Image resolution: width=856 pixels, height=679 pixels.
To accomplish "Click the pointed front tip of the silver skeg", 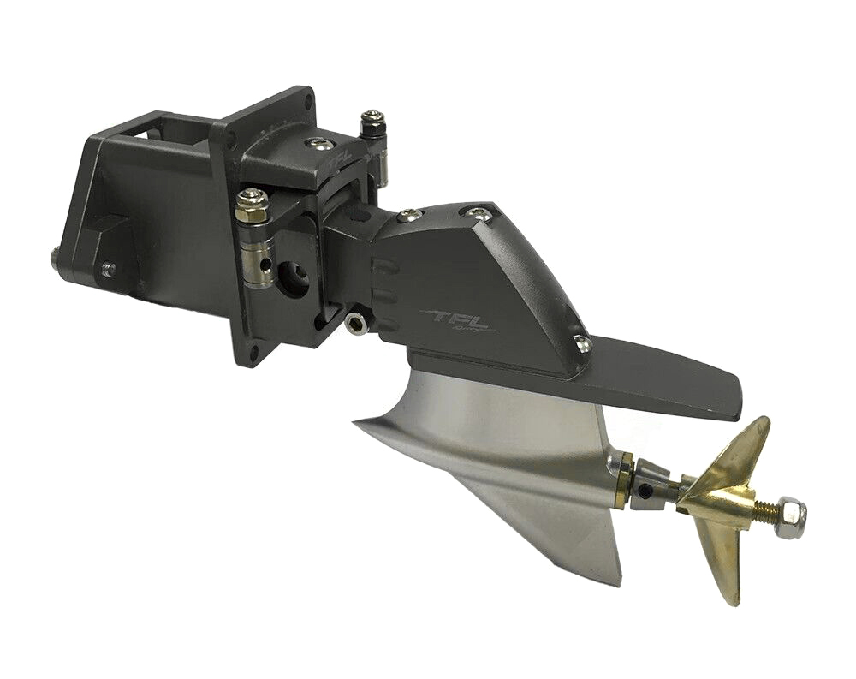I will pyautogui.click(x=356, y=419).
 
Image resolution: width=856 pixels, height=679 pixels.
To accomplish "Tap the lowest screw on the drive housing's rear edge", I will pyautogui.click(x=583, y=344).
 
